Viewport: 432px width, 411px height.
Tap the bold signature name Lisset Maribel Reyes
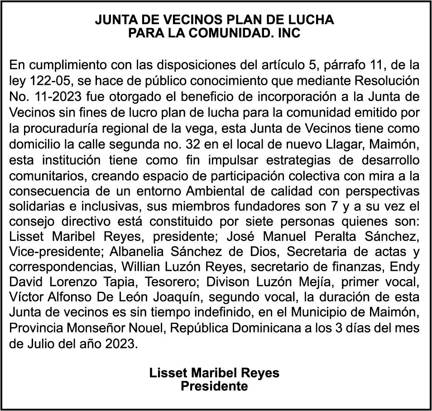[x=214, y=373]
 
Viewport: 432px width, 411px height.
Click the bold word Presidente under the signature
[x=214, y=386]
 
